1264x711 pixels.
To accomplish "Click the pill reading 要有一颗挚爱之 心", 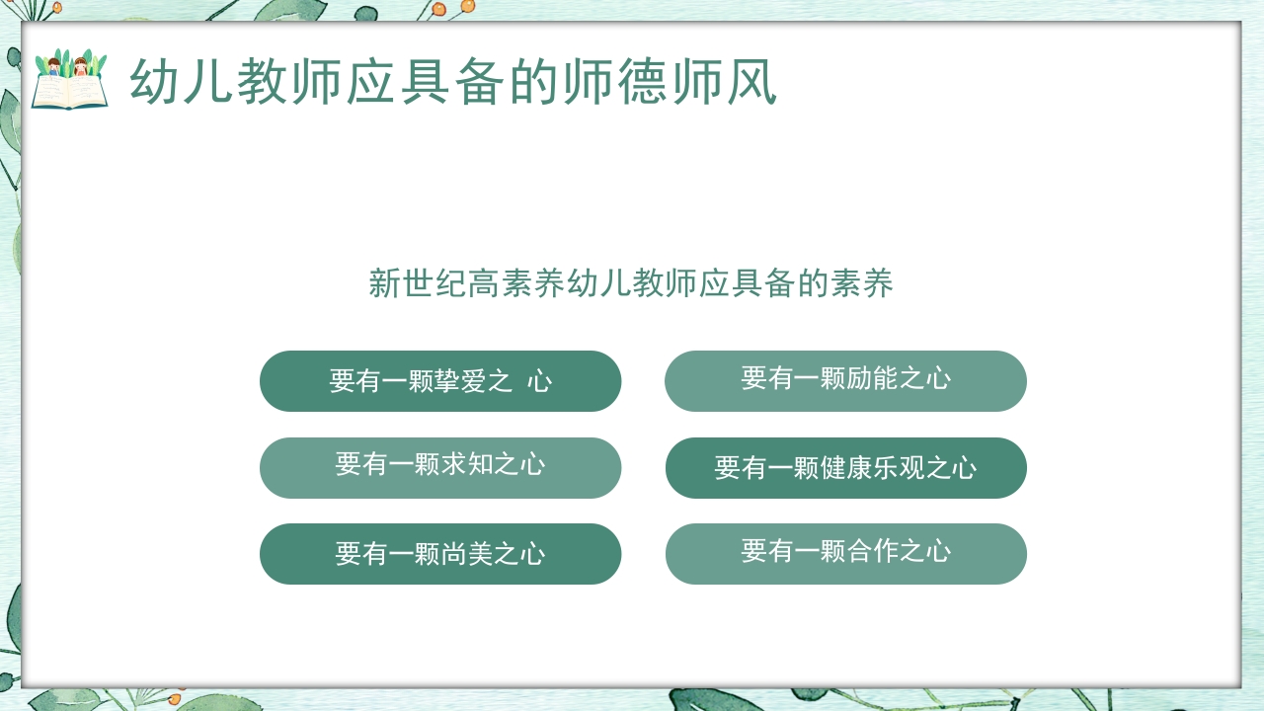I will pyautogui.click(x=440, y=381).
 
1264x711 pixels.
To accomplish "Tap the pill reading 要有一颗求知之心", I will pyautogui.click(x=440, y=467).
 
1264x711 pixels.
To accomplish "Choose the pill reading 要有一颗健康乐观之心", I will pyautogui.click(x=845, y=467).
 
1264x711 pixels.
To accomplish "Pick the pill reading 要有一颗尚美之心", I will pyautogui.click(x=440, y=554).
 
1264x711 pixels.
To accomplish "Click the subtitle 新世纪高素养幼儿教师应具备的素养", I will pyautogui.click(x=631, y=283).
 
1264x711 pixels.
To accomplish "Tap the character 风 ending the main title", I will pyautogui.click(x=752, y=81).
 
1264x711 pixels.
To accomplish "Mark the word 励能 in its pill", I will pyautogui.click(x=872, y=378).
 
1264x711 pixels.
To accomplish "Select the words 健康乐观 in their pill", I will pyautogui.click(x=871, y=468).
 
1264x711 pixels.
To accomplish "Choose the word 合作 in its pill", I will pyautogui.click(x=872, y=551).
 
